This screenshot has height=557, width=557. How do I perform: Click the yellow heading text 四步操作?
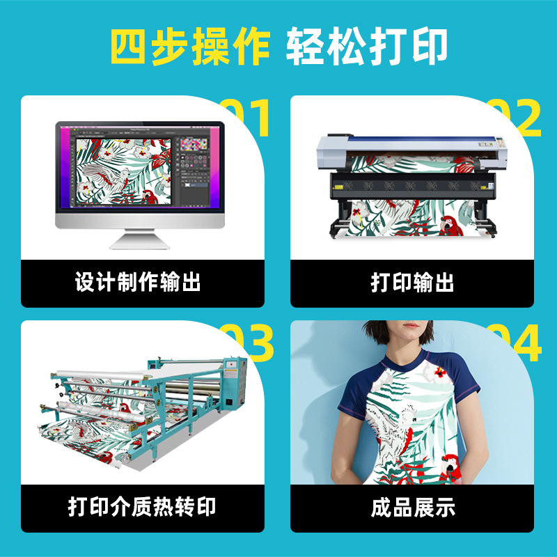pos(189,47)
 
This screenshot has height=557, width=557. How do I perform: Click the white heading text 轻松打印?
pos(366,47)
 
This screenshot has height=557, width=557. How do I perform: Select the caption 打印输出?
pos(412,283)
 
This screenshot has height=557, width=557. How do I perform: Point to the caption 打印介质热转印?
pos(142,507)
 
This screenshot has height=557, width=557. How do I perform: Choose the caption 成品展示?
pos(412,507)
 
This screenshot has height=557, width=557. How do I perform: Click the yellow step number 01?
pos(245,118)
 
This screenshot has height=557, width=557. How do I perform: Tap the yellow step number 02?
pos(515,118)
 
